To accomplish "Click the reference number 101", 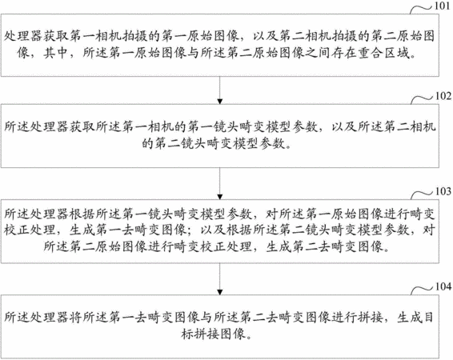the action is [x=443, y=6].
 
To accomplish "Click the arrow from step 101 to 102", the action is [x=220, y=90].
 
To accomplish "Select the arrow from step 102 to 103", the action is [x=220, y=183].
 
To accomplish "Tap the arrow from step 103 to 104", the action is [x=220, y=279].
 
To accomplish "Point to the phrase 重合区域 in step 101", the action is [x=383, y=53].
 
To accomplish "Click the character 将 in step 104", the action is [x=76, y=317].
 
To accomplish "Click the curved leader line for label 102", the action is [x=422, y=98].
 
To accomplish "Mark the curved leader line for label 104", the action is [x=422, y=290].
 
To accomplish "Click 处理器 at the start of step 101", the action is [x=22, y=36].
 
